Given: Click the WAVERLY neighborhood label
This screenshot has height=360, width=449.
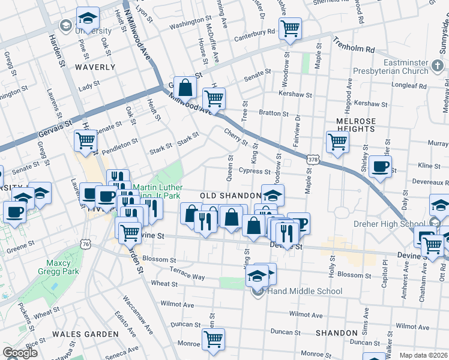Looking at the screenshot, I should [95, 67].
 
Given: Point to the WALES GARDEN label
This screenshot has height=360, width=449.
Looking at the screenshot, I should [85, 334].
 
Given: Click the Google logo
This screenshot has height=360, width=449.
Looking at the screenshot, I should [20, 353].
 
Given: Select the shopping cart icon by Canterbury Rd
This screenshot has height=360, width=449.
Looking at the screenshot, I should [291, 28].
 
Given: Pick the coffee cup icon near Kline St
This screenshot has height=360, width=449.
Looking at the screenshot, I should [380, 166].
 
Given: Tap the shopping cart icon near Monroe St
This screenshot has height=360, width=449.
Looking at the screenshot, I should [213, 338].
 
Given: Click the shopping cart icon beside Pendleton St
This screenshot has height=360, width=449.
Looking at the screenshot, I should [86, 140].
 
